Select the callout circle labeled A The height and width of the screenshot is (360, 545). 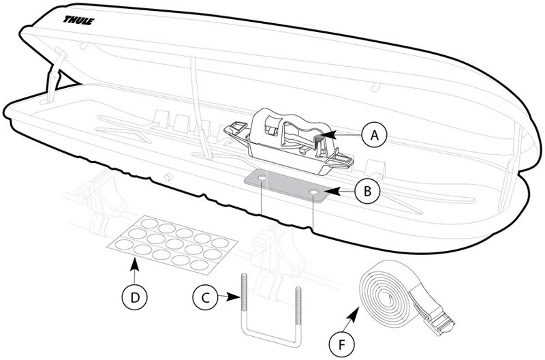[373, 135]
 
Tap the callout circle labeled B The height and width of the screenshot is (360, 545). [367, 192]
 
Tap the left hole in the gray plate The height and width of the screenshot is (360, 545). [262, 181]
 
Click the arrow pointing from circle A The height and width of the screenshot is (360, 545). [345, 136]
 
